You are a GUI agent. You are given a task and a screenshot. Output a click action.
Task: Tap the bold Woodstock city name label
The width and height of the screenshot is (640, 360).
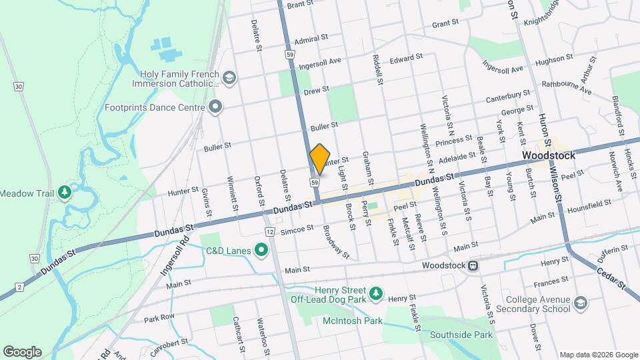click(x=545, y=155)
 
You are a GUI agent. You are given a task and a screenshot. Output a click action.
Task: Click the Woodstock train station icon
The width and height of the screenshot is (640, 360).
click(x=473, y=265)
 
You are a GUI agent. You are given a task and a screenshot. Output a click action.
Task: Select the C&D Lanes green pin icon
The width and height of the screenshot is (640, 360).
click(x=261, y=251)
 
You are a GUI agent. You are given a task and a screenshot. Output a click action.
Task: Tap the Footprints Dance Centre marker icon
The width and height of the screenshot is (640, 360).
click(x=215, y=107)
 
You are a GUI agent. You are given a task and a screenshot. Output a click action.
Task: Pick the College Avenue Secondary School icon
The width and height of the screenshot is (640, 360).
click(x=580, y=304)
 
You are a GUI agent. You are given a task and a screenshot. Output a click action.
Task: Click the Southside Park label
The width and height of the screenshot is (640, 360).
click(x=461, y=335)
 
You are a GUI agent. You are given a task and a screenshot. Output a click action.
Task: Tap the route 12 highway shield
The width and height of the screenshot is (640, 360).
click(x=269, y=231)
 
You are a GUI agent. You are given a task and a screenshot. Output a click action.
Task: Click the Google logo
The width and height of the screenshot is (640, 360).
click(x=22, y=351)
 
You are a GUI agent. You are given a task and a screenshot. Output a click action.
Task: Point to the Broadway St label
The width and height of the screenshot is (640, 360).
click(x=335, y=241)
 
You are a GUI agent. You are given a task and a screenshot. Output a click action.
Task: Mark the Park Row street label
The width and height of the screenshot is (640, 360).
click(x=159, y=317)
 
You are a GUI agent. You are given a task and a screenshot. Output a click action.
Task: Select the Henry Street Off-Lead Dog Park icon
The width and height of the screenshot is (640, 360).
click(x=377, y=293)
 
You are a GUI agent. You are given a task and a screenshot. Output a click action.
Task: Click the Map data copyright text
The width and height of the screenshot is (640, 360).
click(x=597, y=354)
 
